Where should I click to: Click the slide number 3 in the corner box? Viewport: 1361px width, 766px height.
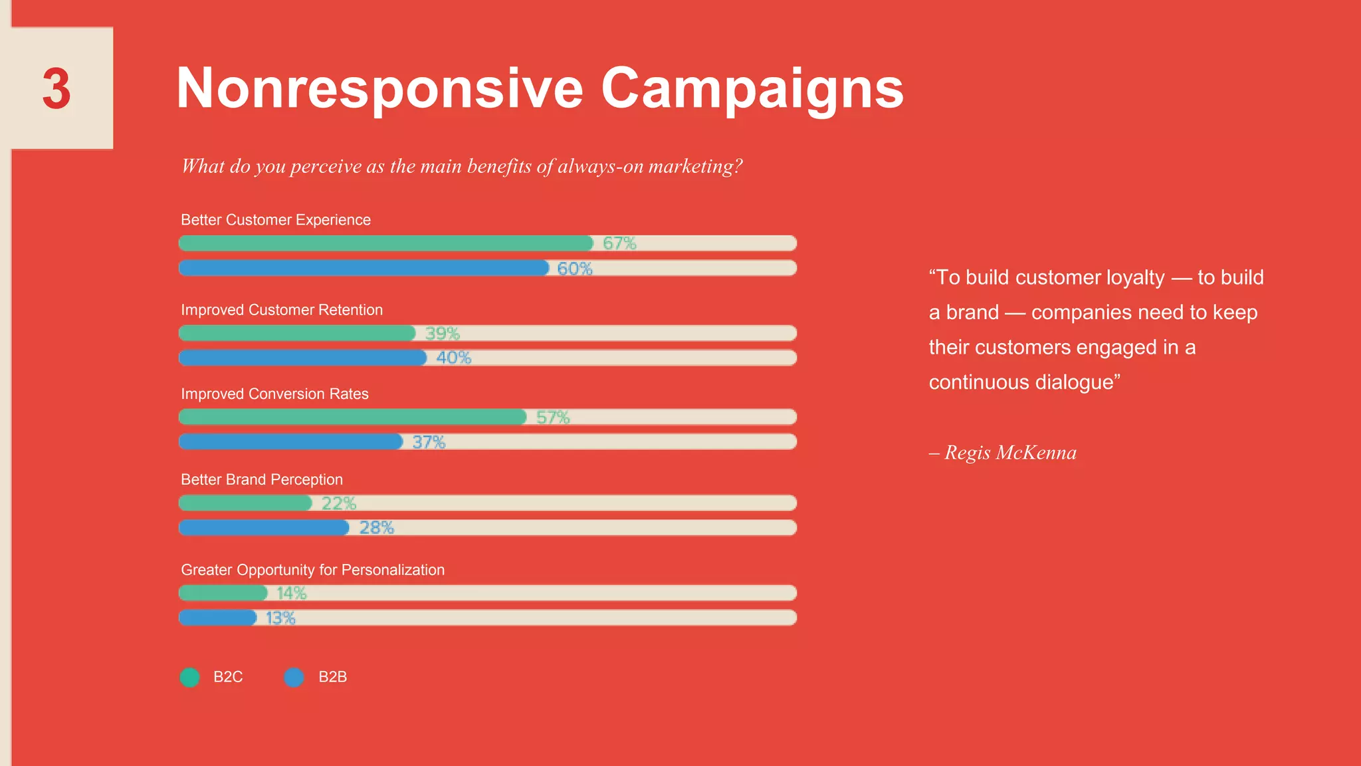coord(56,88)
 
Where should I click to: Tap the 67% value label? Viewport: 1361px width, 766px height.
coord(619,243)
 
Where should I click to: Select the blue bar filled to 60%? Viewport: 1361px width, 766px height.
coord(364,268)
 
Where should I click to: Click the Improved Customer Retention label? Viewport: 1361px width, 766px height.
coord(282,310)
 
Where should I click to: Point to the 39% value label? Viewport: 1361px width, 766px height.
coord(443,333)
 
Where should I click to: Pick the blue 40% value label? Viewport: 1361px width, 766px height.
coord(454,358)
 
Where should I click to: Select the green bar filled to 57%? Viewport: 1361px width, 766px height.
coord(352,417)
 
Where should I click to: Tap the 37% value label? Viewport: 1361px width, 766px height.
coord(429,442)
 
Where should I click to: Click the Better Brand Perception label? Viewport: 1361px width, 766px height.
coord(262,479)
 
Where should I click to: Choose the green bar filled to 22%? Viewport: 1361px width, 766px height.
coord(245,503)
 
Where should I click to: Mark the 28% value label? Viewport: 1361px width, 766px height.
coord(377,528)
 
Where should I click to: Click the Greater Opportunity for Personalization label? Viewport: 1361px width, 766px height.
coord(312,570)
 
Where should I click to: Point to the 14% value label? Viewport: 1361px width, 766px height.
coord(292,593)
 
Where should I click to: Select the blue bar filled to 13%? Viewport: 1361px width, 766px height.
coord(218,618)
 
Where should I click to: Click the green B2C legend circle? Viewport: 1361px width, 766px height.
coord(190,677)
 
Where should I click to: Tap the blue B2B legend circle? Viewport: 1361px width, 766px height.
coord(294,677)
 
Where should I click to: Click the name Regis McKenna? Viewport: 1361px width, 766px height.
coord(1010,453)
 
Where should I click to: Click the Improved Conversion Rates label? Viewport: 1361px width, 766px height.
coord(274,394)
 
